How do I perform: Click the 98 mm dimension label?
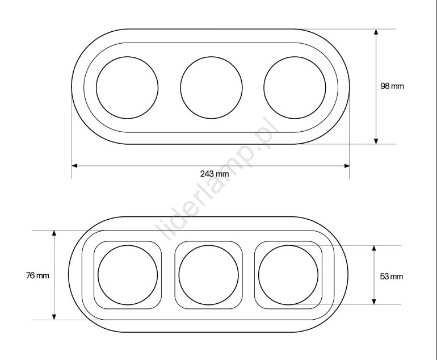(392, 86)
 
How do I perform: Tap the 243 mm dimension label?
(215, 174)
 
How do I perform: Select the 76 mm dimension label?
(37, 275)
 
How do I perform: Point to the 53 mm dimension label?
(391, 277)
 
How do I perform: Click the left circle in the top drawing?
(96, 88)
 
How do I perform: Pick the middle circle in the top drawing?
(180, 88)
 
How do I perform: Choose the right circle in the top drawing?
(264, 88)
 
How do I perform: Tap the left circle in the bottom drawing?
(98, 275)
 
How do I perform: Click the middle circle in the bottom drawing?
(179, 275)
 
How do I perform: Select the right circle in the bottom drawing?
(259, 275)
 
